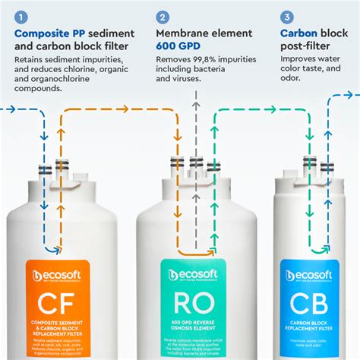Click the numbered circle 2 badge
[163, 15]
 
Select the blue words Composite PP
[52, 33]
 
